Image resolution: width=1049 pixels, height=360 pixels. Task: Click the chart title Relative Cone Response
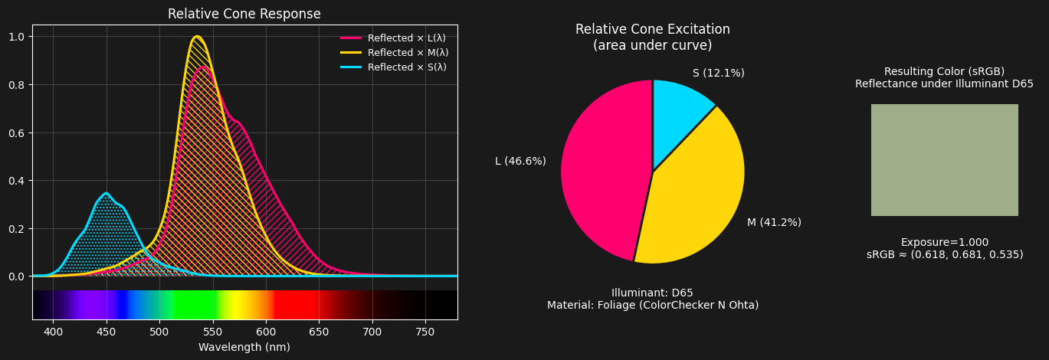(x=244, y=15)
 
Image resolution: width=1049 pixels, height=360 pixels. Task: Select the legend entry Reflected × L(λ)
(x=406, y=38)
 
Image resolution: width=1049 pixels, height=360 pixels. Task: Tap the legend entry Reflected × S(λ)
(x=406, y=67)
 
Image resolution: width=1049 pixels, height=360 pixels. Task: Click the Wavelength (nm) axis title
(x=244, y=347)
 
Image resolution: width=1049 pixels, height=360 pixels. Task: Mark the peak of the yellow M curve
(x=197, y=36)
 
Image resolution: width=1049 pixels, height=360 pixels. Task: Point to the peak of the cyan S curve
(x=107, y=193)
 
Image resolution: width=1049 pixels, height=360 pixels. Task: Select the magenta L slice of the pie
(x=602, y=169)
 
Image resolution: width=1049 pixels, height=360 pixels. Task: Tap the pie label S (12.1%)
(x=718, y=73)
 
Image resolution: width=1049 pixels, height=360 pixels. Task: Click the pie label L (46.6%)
(x=520, y=161)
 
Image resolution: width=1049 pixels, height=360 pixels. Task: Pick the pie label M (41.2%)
(x=774, y=222)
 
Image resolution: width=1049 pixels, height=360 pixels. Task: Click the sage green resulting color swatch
(x=944, y=160)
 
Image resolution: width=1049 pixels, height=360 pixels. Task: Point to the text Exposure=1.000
(x=944, y=242)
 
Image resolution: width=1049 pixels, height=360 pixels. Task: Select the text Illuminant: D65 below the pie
(x=652, y=293)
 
